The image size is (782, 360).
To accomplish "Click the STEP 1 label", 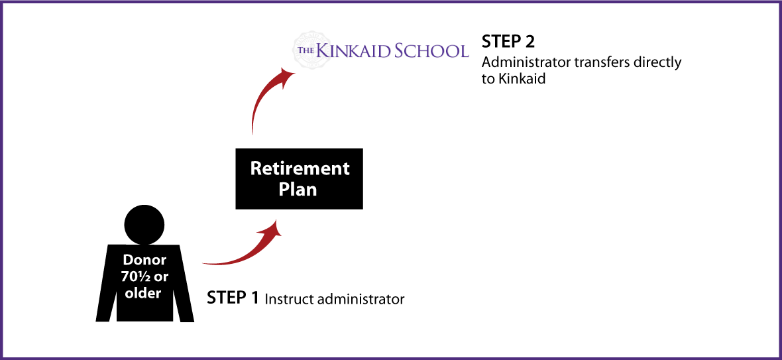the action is (233, 298).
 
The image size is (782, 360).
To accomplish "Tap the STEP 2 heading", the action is (508, 41).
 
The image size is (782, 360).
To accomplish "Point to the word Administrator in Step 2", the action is (528, 64).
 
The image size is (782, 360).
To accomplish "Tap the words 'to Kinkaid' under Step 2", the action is (513, 80).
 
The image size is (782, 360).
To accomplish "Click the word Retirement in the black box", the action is (300, 168).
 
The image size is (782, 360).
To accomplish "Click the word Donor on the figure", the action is (144, 260).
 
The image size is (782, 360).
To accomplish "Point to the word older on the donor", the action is (143, 293).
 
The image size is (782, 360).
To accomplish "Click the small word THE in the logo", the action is (306, 51).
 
